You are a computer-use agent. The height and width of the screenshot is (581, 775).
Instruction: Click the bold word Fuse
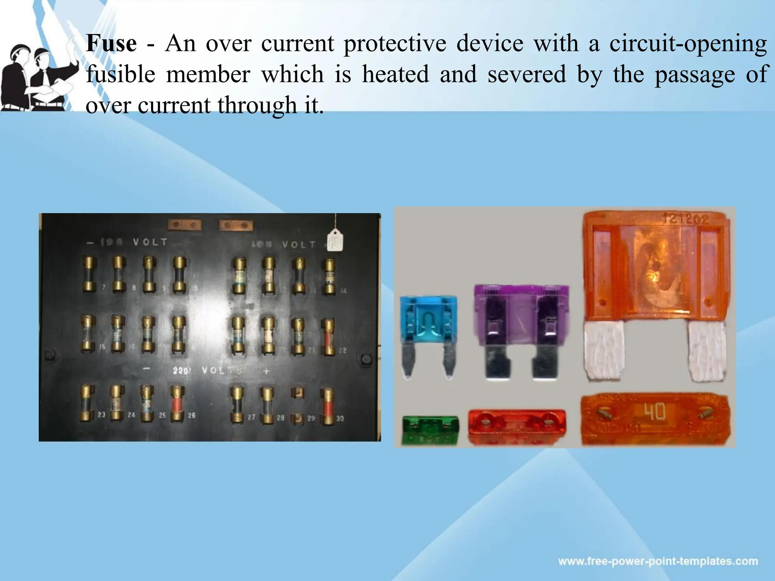coord(111,43)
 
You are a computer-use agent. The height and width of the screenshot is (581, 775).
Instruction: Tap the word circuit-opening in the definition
coord(688,43)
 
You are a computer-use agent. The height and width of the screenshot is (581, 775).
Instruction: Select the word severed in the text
coord(526,74)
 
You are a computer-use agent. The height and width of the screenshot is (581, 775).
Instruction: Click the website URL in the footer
coord(658,561)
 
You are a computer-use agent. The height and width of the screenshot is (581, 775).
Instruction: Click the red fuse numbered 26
coord(176,404)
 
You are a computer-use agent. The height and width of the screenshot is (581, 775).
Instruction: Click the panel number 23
coord(101,415)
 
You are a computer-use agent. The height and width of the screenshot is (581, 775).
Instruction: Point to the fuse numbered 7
coord(89,274)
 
